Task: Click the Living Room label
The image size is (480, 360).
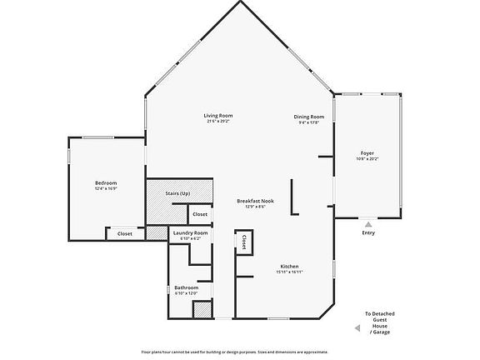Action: [x=218, y=115]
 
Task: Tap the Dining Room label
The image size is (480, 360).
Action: [x=308, y=116]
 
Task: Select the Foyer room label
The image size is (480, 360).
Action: [x=367, y=153]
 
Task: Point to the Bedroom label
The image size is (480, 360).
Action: [x=106, y=182]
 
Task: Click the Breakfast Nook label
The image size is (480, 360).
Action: [x=255, y=200]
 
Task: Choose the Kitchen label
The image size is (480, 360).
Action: [x=289, y=266]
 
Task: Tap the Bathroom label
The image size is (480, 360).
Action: [x=187, y=287]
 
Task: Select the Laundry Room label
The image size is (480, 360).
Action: [x=190, y=232]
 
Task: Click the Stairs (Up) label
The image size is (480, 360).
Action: [x=178, y=192]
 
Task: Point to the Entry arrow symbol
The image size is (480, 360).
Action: [x=368, y=223]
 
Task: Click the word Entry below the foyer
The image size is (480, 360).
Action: [x=368, y=232]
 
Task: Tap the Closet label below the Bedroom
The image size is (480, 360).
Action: [x=124, y=233]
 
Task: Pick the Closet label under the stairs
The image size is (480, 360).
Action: [x=200, y=214]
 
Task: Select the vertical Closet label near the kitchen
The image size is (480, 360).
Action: [x=244, y=242]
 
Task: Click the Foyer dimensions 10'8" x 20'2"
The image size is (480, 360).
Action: [x=367, y=159]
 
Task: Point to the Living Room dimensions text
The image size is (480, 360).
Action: [x=218, y=122]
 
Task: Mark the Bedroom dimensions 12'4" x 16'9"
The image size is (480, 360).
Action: [x=106, y=188]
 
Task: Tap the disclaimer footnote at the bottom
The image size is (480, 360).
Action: [x=240, y=352]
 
